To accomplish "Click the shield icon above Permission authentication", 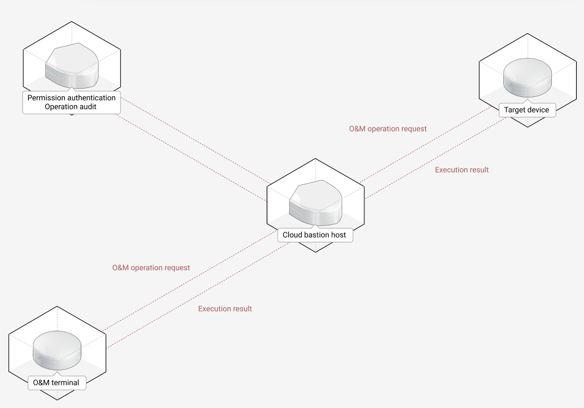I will [72, 66].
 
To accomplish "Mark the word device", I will [539, 110].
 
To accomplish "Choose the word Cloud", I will [293, 235].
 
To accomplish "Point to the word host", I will [339, 235].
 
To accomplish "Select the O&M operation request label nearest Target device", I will [387, 128].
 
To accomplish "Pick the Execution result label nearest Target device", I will [462, 170].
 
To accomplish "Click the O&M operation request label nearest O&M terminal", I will [151, 267].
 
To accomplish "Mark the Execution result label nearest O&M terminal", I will [225, 308].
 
